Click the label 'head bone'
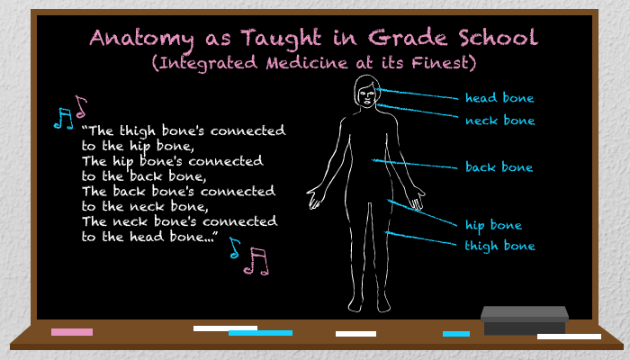(499, 97)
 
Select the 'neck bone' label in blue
(499, 120)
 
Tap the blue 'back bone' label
(499, 166)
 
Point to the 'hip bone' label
(493, 225)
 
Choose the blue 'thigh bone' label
(499, 246)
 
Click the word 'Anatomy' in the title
(141, 40)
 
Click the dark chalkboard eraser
(525, 319)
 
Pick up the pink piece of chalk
(72, 332)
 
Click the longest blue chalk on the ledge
(260, 333)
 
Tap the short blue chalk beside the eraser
(456, 334)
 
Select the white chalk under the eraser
(569, 337)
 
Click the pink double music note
(256, 261)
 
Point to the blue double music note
(64, 119)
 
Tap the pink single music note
(81, 106)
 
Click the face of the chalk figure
(367, 96)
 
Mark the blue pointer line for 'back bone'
(414, 164)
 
